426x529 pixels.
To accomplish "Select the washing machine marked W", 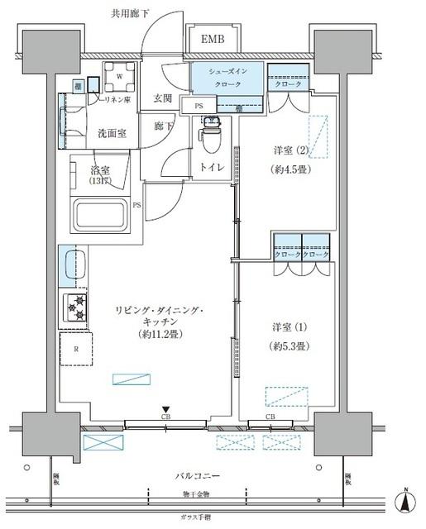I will pos(120,76).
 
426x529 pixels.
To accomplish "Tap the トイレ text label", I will pos(212,166).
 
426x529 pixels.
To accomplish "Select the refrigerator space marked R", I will pos(76,349).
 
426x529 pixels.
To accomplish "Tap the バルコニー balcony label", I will pos(197,477).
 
